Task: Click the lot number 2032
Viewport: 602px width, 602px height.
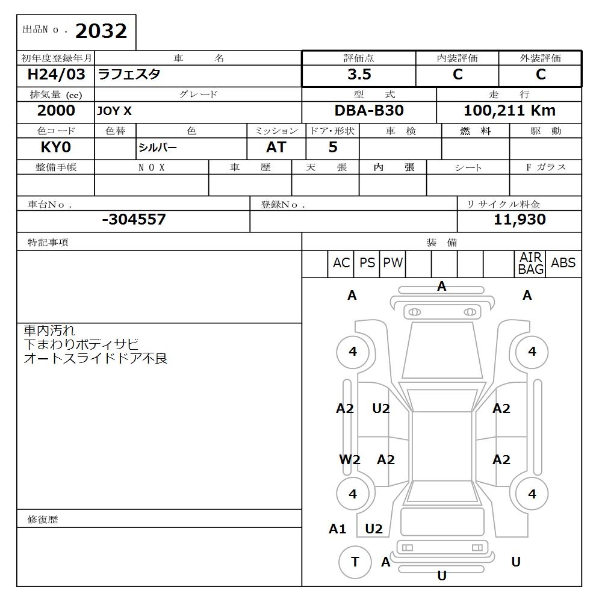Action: pos(101,31)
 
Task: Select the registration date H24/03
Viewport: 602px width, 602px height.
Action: pos(56,75)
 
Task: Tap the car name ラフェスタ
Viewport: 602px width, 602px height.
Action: pos(129,75)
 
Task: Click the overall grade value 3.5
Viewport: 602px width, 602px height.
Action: pos(359,75)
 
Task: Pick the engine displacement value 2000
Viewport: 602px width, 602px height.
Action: pos(56,111)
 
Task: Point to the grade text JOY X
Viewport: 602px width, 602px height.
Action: pos(114,111)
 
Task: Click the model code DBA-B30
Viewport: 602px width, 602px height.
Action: pos(369,111)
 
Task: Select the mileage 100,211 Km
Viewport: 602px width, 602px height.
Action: pos(509,111)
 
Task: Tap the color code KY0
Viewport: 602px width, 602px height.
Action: pos(56,147)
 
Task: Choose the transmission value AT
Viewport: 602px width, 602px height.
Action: pos(276,147)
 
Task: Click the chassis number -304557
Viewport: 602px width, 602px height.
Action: pos(134,220)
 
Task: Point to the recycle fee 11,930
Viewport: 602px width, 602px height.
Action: pos(520,220)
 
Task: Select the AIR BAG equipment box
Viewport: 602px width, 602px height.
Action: pos(530,264)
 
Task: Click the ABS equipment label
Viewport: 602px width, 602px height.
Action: pos(563,263)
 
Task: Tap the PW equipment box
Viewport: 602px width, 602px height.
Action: pos(393,263)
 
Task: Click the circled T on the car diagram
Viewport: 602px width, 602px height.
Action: pos(355,562)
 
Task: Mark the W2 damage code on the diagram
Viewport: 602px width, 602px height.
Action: pos(350,460)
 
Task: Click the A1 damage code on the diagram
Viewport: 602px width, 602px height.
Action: pos(338,529)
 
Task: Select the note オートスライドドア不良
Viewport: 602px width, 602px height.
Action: pos(95,359)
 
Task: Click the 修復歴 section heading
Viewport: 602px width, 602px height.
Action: pos(43,519)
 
